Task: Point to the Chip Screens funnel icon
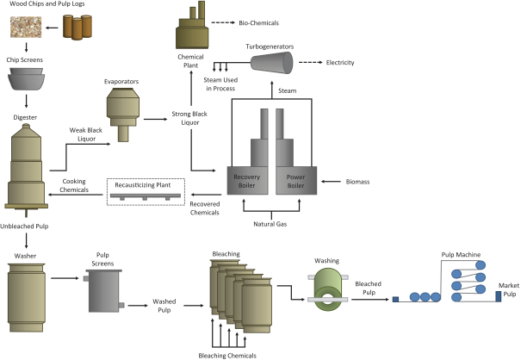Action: pyautogui.click(x=27, y=79)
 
